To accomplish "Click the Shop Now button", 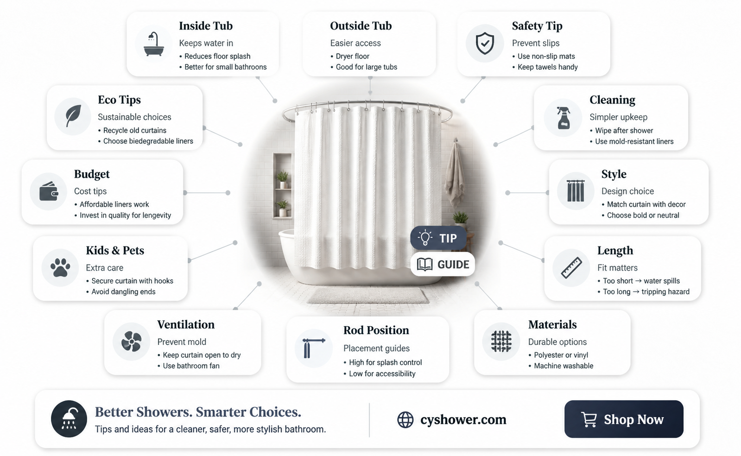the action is point(624,419).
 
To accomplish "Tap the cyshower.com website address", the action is point(463,419).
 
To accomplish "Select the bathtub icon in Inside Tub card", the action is point(153,44).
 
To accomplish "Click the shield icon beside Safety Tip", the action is point(485,44).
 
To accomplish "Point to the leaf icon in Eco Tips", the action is point(73,116).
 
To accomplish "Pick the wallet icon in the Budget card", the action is point(49,191).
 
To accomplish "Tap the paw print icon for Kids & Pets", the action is point(60,267).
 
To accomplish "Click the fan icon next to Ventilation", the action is point(131,341).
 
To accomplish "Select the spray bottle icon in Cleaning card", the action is point(564,117).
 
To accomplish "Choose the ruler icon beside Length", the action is point(571,268).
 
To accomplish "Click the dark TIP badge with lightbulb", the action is point(438,238).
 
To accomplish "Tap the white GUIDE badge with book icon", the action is point(443,265).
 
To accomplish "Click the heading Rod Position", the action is point(376,330).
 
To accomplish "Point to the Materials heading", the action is point(552,324).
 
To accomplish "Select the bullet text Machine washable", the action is point(564,366).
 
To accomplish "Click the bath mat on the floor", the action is point(368,296).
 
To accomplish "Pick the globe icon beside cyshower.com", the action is point(405,419).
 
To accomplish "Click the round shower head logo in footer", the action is point(69,419).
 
